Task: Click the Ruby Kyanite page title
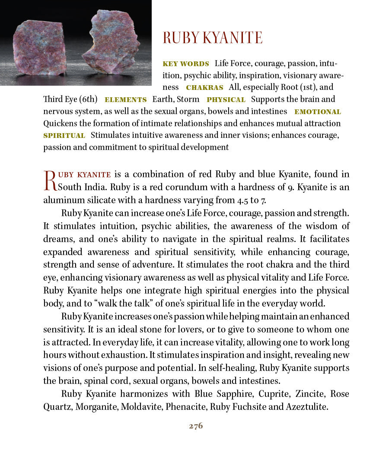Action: [x=212, y=38]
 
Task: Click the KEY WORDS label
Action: [x=185, y=64]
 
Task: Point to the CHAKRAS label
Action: [x=204, y=88]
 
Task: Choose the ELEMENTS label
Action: [x=125, y=100]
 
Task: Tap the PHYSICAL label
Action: [x=226, y=100]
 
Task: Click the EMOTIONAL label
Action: [x=318, y=112]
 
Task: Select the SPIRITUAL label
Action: [x=64, y=136]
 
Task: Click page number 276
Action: [x=196, y=426]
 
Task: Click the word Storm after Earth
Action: [x=188, y=99]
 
